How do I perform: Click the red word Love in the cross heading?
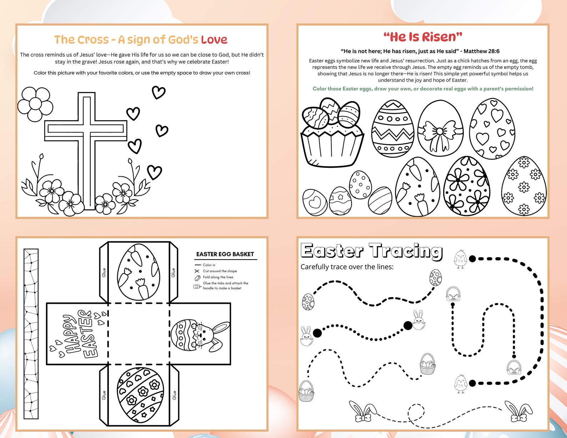tap(214, 40)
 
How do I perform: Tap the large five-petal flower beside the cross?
tap(35, 104)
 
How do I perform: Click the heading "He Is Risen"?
tap(423, 36)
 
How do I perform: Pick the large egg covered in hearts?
tap(492, 129)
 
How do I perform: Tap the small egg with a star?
tap(340, 201)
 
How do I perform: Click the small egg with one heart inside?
tap(315, 202)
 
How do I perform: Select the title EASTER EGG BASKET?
tap(225, 254)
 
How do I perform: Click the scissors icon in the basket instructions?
tap(197, 271)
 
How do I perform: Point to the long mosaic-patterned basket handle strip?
tap(31, 334)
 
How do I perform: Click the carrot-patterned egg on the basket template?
tap(139, 271)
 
